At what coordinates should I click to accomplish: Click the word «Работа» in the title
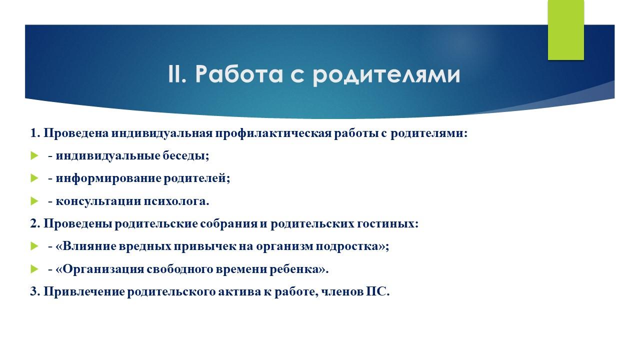239,74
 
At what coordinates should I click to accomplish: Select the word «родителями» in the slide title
386,75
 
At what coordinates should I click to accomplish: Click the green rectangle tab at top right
565,29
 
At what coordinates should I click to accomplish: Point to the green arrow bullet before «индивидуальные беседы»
34,156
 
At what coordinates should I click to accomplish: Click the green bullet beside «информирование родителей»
34,178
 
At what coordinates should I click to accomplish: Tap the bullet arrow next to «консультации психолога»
34,201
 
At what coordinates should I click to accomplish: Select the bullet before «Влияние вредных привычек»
34,246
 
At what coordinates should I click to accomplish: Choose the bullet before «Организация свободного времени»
34,269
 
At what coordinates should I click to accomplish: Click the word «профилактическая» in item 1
273,133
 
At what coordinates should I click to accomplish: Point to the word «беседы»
185,156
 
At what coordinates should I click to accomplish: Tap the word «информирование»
108,179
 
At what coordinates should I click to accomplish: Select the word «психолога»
176,201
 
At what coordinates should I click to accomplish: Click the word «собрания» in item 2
228,223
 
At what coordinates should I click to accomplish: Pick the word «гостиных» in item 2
387,223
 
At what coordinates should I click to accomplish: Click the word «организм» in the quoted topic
284,247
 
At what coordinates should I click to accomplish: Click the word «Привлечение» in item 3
84,292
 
